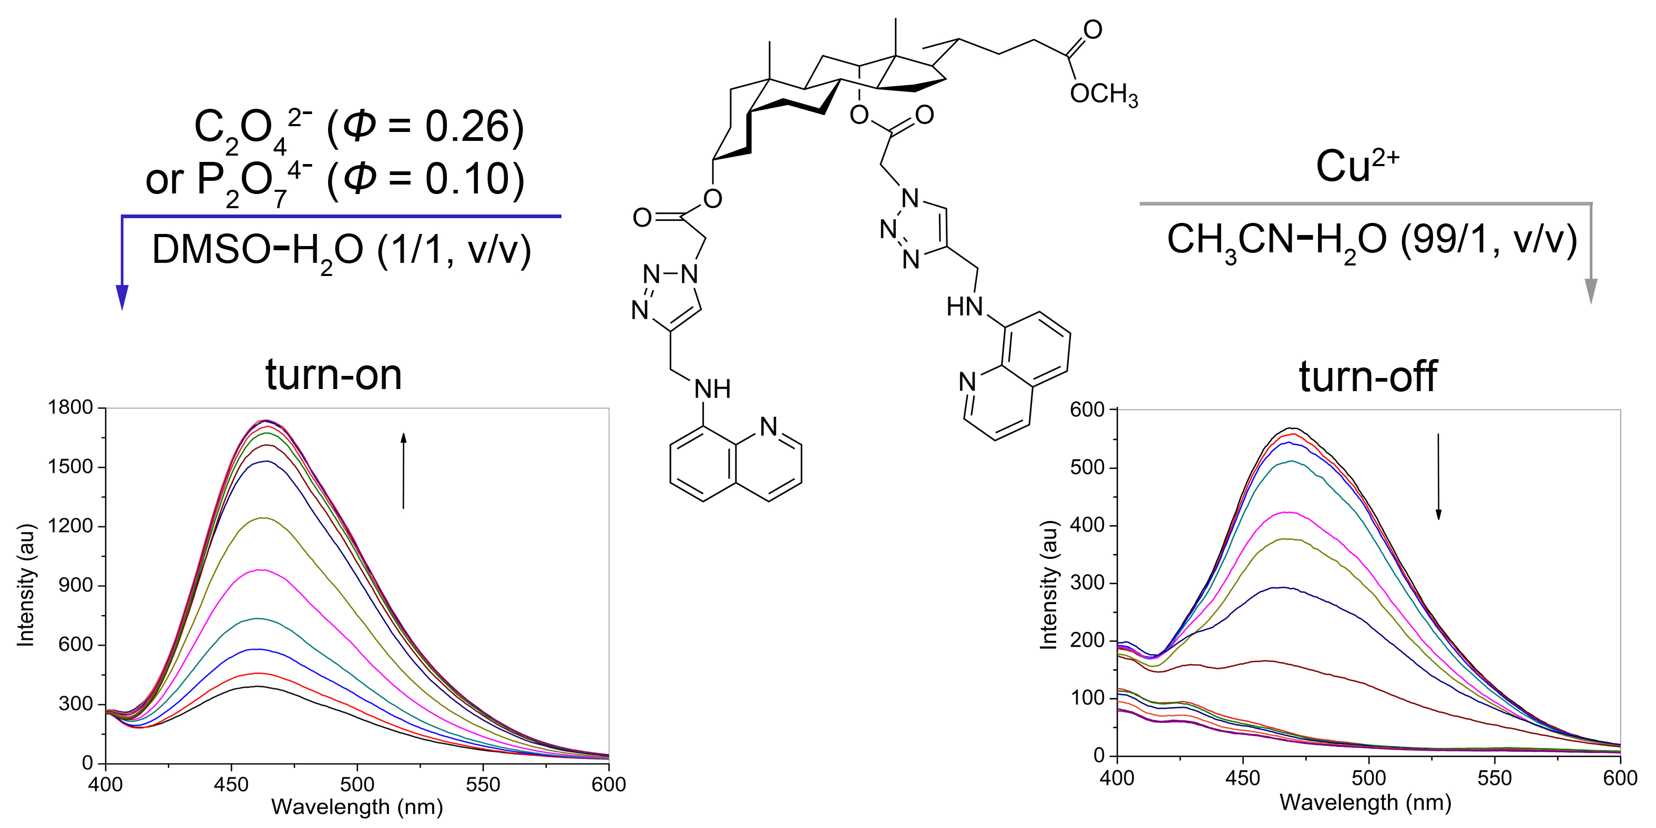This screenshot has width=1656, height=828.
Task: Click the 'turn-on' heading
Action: [x=334, y=375]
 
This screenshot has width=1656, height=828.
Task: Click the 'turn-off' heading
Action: [x=1367, y=377]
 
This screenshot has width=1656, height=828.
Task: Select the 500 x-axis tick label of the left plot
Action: [x=357, y=784]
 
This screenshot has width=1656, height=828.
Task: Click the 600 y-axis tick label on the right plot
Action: [x=1087, y=410]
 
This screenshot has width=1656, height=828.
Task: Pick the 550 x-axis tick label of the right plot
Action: [x=1494, y=779]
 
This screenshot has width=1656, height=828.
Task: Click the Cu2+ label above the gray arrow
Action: [x=1356, y=166]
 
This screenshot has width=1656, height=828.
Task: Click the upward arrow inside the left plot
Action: [x=404, y=471]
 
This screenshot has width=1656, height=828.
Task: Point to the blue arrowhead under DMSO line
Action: [x=122, y=297]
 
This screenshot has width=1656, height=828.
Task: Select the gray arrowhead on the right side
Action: [x=1590, y=291]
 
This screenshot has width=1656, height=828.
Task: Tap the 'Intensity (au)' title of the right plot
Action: [x=1048, y=585]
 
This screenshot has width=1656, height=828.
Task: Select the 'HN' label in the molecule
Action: [x=964, y=306]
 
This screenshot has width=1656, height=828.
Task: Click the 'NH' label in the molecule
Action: [x=712, y=389]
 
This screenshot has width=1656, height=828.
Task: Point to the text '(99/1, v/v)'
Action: [x=1489, y=240]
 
